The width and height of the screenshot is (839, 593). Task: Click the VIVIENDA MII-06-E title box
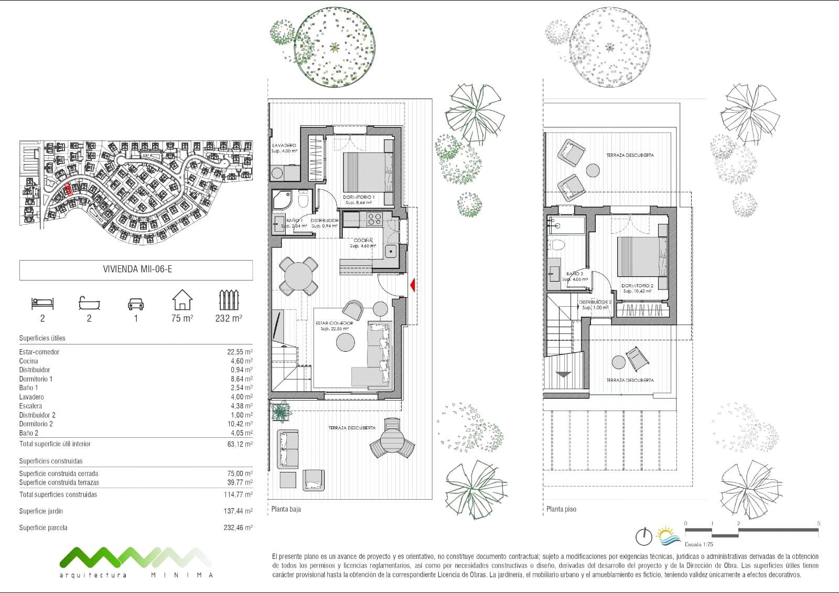pos(136,270)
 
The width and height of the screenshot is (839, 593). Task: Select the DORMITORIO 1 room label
pos(359,197)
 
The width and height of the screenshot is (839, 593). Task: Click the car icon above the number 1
pos(135,304)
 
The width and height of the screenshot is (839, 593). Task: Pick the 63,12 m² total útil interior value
pos(240,444)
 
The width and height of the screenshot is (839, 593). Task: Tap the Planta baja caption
pos(286,509)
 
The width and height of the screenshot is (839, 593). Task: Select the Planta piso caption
pos(561,509)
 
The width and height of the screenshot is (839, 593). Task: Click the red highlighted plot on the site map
pos(67,189)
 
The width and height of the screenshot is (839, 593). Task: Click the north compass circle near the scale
pos(643,537)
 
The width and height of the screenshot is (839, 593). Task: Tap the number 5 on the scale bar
pos(819,523)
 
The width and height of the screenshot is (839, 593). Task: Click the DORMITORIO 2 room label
pos(637,286)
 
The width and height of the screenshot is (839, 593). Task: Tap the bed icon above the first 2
pos(42,303)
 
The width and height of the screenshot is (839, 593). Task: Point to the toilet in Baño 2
pos(557,245)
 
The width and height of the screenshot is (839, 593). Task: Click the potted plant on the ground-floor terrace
pos(282,411)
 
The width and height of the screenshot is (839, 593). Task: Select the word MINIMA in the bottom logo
pos(182,575)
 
